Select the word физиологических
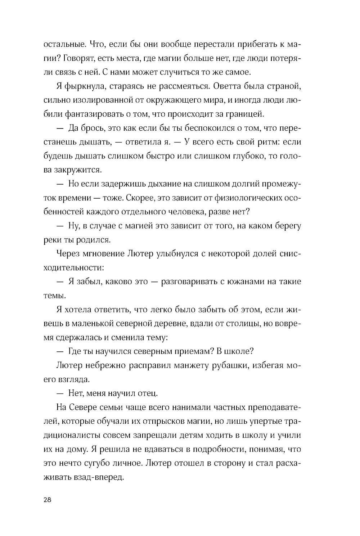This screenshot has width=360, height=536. coord(247,198)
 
